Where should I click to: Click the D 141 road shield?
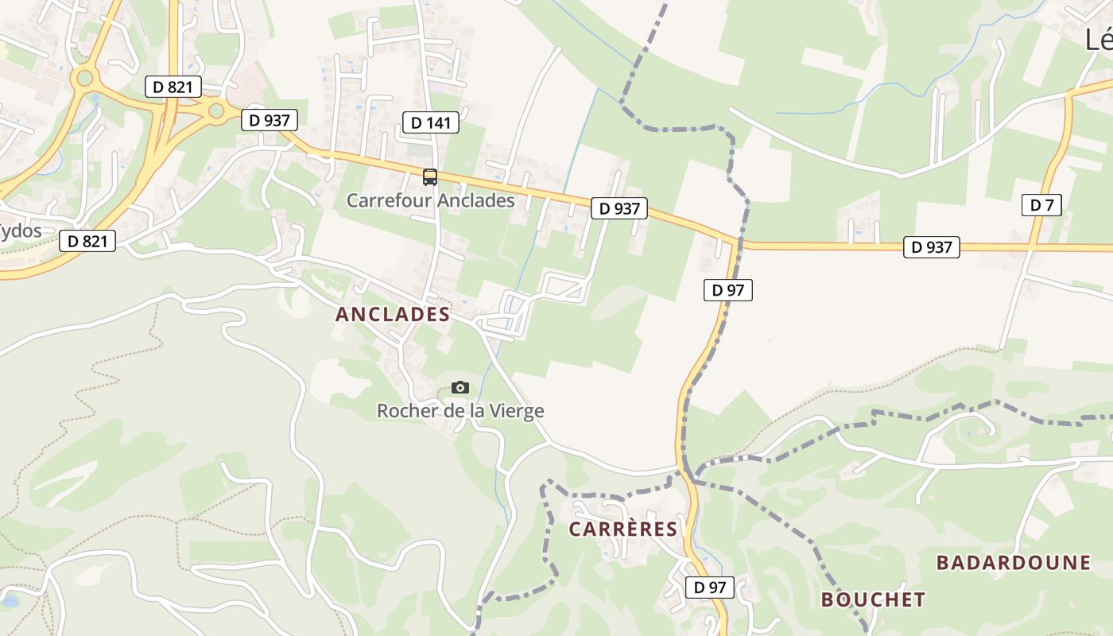click(431, 122)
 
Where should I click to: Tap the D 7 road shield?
click(1041, 205)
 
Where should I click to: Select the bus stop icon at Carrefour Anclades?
click(430, 177)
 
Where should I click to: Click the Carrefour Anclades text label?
click(430, 200)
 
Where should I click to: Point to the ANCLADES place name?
click(393, 314)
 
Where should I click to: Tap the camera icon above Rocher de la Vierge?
click(460, 388)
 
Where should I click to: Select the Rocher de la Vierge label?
click(460, 411)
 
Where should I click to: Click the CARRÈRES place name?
click(623, 529)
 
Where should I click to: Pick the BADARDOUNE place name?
click(1013, 563)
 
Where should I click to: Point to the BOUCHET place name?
click(873, 599)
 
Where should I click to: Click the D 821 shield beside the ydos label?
click(87, 241)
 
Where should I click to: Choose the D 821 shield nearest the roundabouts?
click(173, 87)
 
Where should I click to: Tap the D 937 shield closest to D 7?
click(931, 247)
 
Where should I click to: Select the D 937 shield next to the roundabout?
click(269, 120)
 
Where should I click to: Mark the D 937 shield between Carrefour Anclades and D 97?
click(619, 208)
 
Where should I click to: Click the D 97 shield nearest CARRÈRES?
click(709, 588)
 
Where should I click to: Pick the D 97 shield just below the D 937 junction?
click(727, 290)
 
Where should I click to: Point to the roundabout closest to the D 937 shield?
click(215, 111)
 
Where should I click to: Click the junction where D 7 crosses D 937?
click(1032, 247)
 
